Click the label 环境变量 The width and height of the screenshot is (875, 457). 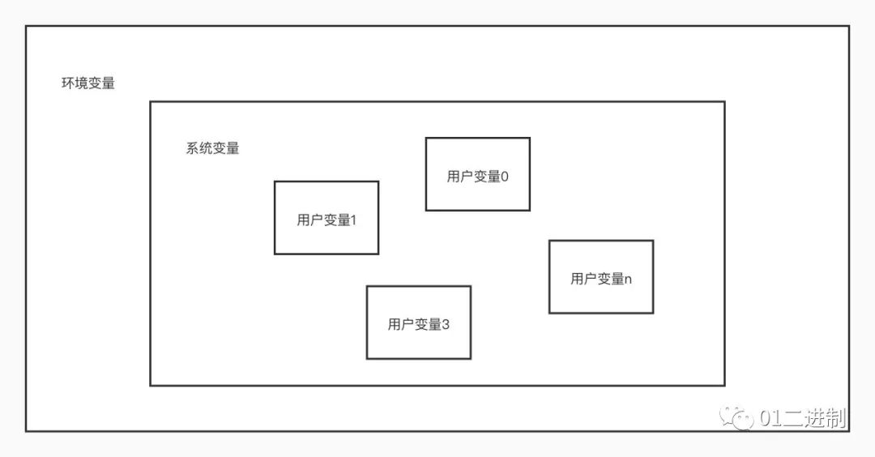(x=88, y=83)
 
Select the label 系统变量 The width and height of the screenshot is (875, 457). (x=212, y=149)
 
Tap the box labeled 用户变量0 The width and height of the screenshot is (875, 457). (x=478, y=174)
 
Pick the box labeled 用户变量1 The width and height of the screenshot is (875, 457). (x=327, y=218)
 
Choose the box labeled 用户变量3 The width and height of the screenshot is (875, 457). (x=418, y=322)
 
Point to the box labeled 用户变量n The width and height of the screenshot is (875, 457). (x=601, y=277)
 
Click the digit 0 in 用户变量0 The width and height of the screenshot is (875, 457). (x=505, y=177)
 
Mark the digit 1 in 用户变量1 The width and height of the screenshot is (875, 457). (x=353, y=220)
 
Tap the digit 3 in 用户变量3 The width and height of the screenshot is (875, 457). (x=445, y=325)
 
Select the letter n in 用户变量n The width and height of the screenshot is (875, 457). (x=629, y=280)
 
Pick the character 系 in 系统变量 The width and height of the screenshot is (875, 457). (x=193, y=149)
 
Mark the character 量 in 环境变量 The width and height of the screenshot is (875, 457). (x=109, y=83)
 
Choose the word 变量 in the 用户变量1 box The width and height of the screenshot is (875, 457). (x=337, y=220)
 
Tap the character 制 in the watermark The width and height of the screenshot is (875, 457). (x=837, y=418)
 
